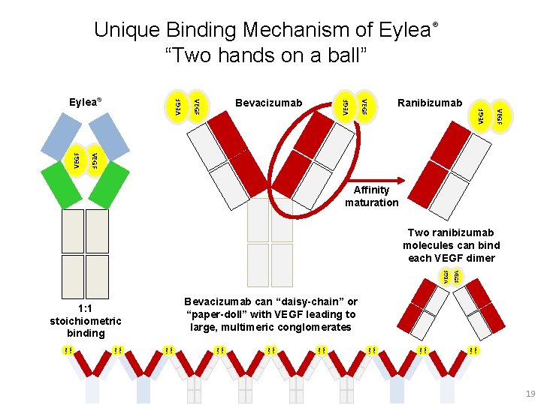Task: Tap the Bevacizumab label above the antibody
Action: coord(268,103)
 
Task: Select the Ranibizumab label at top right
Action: coord(430,103)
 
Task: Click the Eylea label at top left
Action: coord(85,100)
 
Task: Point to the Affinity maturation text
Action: coord(371,196)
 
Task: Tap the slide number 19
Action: coord(530,394)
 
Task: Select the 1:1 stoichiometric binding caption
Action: coord(86,320)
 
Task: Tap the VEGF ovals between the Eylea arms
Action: coord(85,159)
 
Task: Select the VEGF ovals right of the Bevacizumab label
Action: coord(354,106)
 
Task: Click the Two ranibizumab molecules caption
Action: coord(451,245)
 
